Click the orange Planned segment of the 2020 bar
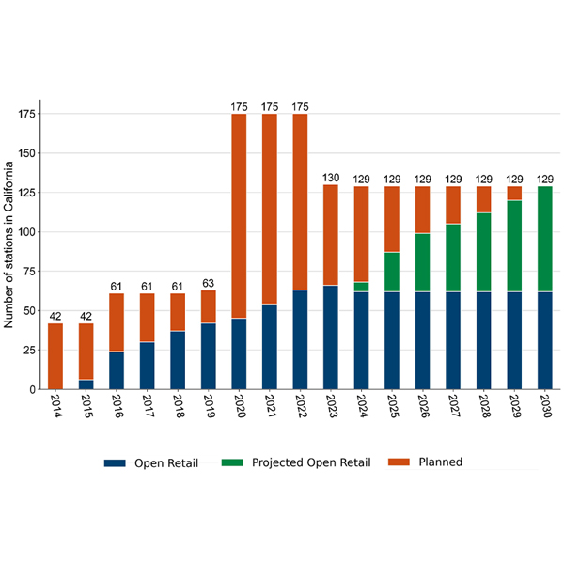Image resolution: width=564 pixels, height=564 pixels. (239, 216)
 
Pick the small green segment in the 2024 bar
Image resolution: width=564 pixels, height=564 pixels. (360, 287)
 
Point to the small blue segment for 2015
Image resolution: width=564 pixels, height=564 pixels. (86, 384)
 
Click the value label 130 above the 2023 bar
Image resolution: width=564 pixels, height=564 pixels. (330, 178)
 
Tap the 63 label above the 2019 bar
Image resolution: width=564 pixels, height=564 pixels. (209, 283)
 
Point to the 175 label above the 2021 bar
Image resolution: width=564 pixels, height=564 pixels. (269, 107)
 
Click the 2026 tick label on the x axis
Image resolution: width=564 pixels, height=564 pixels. (422, 410)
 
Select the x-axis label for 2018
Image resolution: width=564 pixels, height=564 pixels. (178, 410)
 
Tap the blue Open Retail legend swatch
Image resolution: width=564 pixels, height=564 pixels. (115, 462)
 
